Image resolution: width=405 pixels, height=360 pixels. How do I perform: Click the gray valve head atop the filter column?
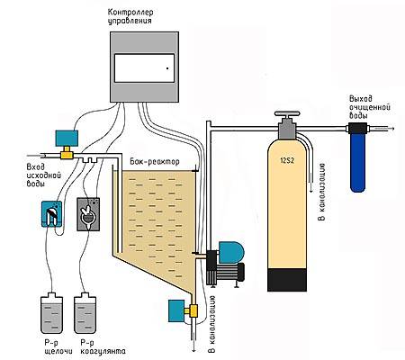(286, 121)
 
